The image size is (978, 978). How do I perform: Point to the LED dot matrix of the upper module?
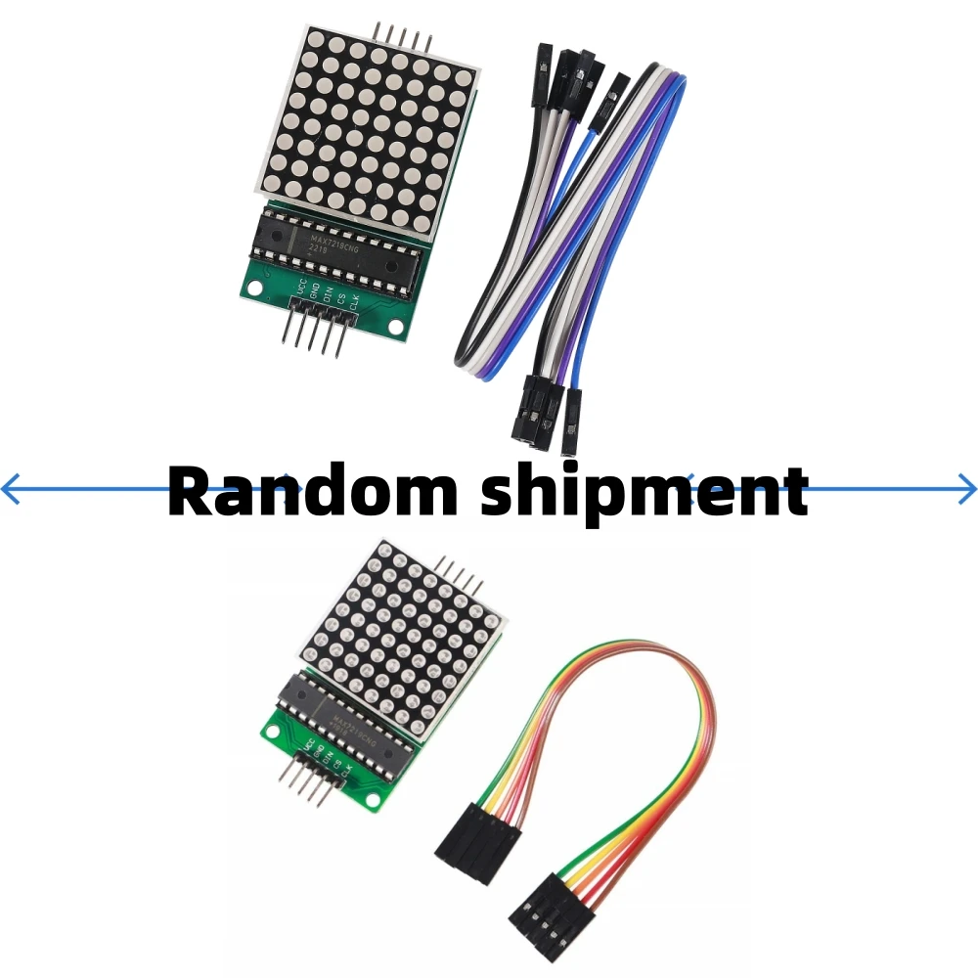368,123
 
